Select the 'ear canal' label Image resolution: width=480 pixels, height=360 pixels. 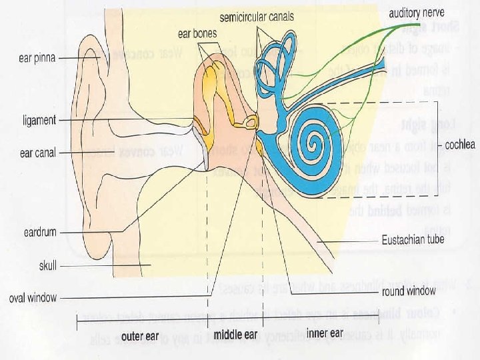point(36,153)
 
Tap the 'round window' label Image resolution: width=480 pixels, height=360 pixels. point(409,291)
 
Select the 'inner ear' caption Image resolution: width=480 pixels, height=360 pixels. point(325,333)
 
